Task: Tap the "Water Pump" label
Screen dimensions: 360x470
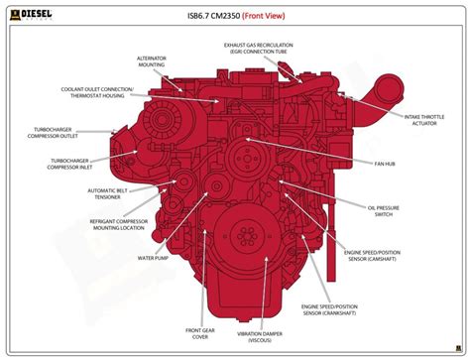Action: click(151, 257)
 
